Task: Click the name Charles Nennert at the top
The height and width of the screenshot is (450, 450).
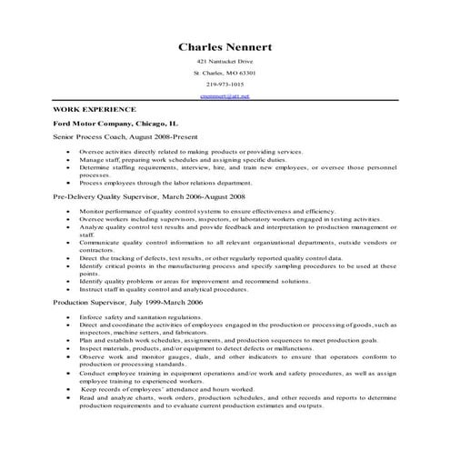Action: coord(225,46)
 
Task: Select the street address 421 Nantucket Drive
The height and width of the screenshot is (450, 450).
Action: coord(225,60)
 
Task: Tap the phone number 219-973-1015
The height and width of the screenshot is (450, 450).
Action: coord(225,84)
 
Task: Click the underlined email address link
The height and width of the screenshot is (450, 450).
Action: coord(225,95)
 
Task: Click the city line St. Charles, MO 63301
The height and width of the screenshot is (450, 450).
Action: coord(225,72)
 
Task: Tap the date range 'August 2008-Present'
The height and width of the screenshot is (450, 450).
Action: coord(165,135)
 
